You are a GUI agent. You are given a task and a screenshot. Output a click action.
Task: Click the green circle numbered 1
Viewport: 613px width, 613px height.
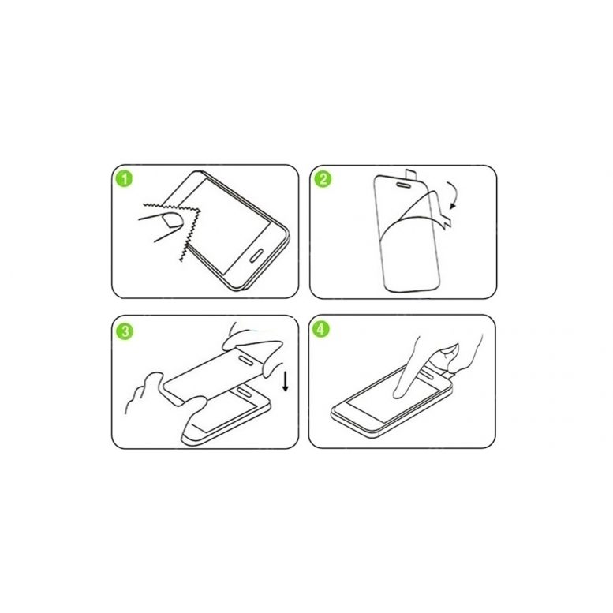[x=125, y=178]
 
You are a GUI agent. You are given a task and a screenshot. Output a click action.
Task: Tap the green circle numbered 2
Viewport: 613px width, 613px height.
[x=323, y=178]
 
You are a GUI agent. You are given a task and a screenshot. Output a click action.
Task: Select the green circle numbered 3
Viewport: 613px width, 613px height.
[x=125, y=331]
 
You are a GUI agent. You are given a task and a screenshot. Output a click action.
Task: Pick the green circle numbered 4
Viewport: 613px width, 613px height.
[x=320, y=329]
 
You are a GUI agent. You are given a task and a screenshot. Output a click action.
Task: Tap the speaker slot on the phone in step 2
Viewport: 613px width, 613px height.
[x=401, y=182]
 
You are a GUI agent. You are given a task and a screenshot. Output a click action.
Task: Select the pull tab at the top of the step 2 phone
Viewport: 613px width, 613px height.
[x=410, y=175]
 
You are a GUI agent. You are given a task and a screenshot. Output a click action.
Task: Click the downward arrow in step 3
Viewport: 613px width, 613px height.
[x=286, y=382]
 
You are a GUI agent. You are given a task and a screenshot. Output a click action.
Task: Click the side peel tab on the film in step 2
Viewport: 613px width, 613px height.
[x=446, y=218]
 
